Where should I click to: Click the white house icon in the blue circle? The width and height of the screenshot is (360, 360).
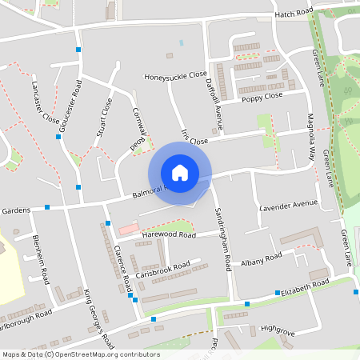[x=180, y=171]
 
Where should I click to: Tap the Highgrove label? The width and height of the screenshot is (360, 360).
[x=278, y=329]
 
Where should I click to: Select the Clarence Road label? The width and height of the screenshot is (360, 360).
[x=121, y=262]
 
